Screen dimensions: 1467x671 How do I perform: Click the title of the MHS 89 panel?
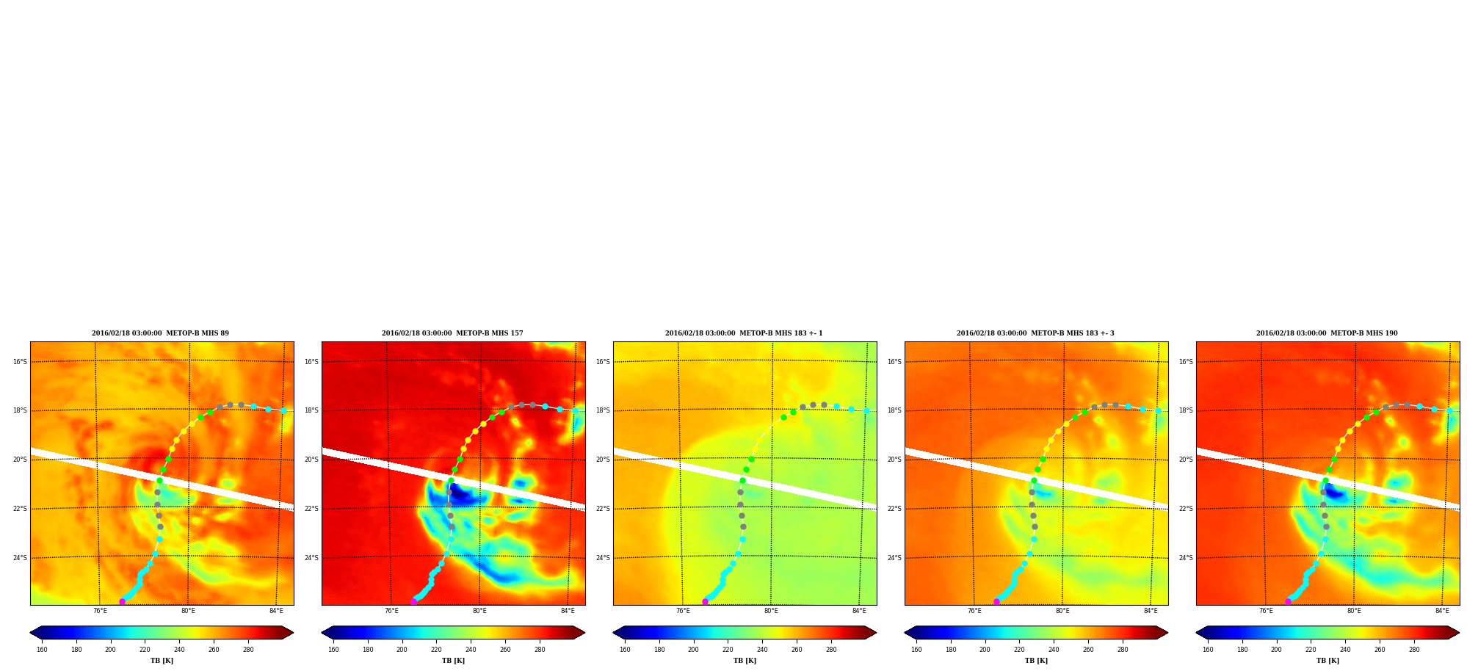160,333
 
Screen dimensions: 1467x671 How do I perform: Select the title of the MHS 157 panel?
452,333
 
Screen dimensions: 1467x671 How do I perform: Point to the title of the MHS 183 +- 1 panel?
744,333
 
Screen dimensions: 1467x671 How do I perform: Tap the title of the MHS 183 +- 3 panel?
1035,333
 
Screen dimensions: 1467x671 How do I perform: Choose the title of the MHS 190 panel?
1327,333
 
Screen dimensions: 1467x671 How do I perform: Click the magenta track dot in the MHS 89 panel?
122,601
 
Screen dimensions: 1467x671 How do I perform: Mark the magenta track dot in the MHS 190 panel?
1288,601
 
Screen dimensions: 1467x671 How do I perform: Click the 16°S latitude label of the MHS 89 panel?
20,362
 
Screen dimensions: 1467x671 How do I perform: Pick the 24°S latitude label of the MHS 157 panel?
311,558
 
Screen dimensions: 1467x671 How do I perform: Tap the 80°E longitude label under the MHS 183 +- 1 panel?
771,611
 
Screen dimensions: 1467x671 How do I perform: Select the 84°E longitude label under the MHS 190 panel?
1442,611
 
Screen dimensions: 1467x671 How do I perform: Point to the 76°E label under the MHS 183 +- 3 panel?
974,611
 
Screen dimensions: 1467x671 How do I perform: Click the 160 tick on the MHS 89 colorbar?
42,650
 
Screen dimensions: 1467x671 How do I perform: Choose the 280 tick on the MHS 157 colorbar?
540,650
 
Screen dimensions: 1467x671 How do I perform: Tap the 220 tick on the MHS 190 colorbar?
1311,650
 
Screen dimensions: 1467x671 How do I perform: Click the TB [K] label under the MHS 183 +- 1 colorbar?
745,661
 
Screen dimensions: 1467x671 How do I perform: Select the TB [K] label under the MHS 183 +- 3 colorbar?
1036,661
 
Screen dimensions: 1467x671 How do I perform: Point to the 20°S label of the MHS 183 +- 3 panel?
894,460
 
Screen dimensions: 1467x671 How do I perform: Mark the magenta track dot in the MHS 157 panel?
413,601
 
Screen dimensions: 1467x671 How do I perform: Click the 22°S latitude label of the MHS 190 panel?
1186,509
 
